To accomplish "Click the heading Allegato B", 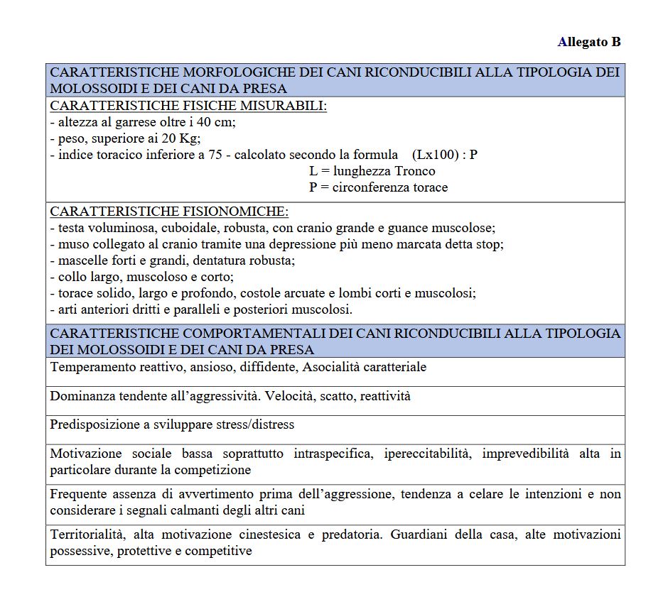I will (x=589, y=42).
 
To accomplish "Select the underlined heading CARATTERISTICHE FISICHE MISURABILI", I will (x=188, y=106).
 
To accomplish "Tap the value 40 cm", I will (x=218, y=121).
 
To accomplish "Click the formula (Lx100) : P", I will (x=444, y=154).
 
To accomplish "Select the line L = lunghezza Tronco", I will (x=372, y=171).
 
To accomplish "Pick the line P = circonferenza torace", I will (x=378, y=187).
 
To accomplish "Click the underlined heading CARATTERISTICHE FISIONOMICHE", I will (x=169, y=212).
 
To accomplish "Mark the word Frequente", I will (x=78, y=494).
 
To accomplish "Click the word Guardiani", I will (x=419, y=534).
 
